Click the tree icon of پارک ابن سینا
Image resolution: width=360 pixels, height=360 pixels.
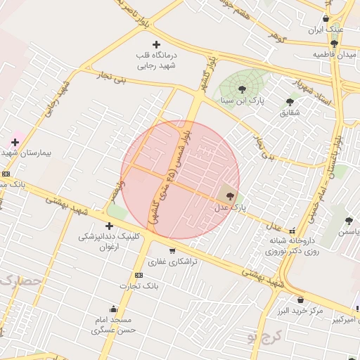tap(243, 89)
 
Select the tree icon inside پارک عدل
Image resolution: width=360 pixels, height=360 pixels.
tap(230, 196)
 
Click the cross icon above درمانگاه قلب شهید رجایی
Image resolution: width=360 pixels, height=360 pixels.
tap(157, 44)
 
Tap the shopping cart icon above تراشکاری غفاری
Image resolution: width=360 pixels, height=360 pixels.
tap(172, 250)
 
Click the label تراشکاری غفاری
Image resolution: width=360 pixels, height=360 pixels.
tap(173, 262)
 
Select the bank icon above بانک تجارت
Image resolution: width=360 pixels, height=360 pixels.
tap(139, 275)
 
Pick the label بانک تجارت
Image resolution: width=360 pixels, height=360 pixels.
tap(139, 286)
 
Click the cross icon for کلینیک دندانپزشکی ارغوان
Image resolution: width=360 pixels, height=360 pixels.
tap(109, 226)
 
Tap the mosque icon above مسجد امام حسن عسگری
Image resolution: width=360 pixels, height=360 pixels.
tap(113, 309)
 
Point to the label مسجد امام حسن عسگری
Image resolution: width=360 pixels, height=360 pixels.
tap(113, 324)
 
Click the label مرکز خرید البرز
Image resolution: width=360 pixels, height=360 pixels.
tap(300, 310)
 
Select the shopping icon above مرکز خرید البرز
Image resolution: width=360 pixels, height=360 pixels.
tap(300, 300)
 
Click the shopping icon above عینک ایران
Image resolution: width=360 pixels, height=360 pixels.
tap(326, 19)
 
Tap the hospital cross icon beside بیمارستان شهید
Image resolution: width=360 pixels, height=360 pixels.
tap(14, 142)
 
